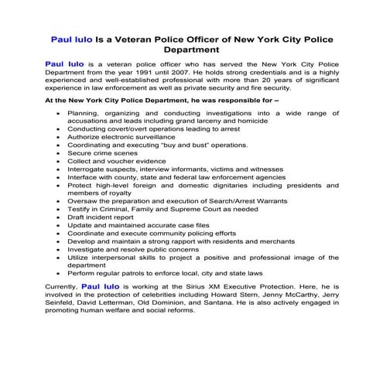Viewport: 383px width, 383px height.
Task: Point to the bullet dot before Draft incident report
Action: [x=59, y=217]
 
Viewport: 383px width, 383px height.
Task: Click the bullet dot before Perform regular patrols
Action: [x=59, y=274]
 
